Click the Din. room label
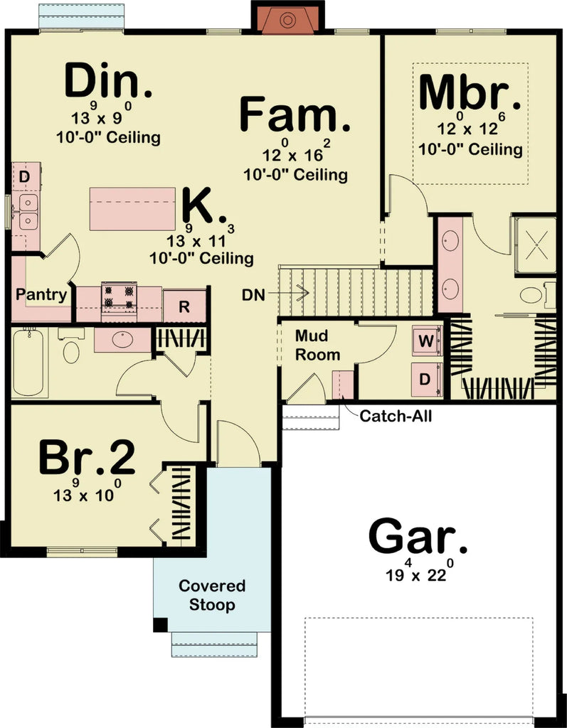pos(108,82)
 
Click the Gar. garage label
pos(418,537)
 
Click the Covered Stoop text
pos(212,596)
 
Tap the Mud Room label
pos(317,345)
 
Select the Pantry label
pos(41,294)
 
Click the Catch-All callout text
pos(396,416)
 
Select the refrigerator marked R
pos(184,307)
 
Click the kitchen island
pos(132,208)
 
